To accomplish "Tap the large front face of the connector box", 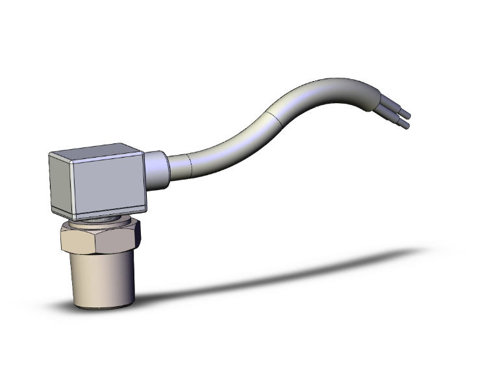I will [109, 186].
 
